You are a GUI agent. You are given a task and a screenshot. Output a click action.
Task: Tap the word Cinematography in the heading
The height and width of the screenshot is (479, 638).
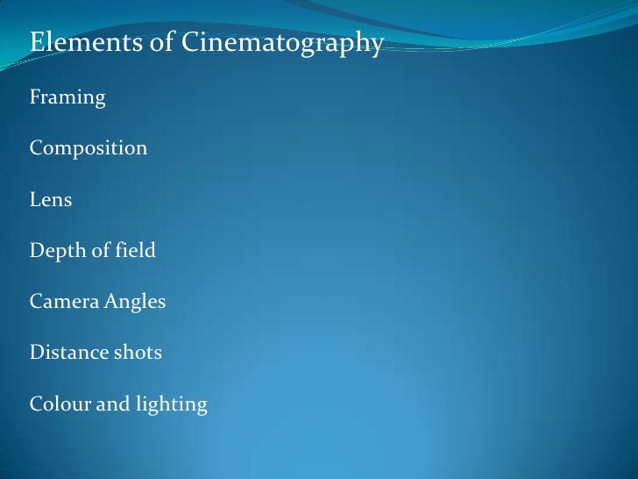[x=282, y=44]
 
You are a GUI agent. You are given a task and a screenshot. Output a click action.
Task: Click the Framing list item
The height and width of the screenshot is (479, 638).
[x=67, y=98]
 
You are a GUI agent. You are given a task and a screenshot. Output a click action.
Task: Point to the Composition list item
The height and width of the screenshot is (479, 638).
[x=89, y=149]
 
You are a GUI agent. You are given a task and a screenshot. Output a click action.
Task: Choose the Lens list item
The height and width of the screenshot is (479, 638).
[x=51, y=200]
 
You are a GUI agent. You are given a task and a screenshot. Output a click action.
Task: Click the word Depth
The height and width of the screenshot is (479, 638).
[x=56, y=252]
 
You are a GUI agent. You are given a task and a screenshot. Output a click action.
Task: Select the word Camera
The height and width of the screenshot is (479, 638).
[x=63, y=303]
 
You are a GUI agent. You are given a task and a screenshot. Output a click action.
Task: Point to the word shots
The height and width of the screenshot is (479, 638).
[x=138, y=354]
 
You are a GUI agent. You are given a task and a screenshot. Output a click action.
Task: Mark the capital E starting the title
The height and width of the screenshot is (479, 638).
[x=37, y=43]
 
